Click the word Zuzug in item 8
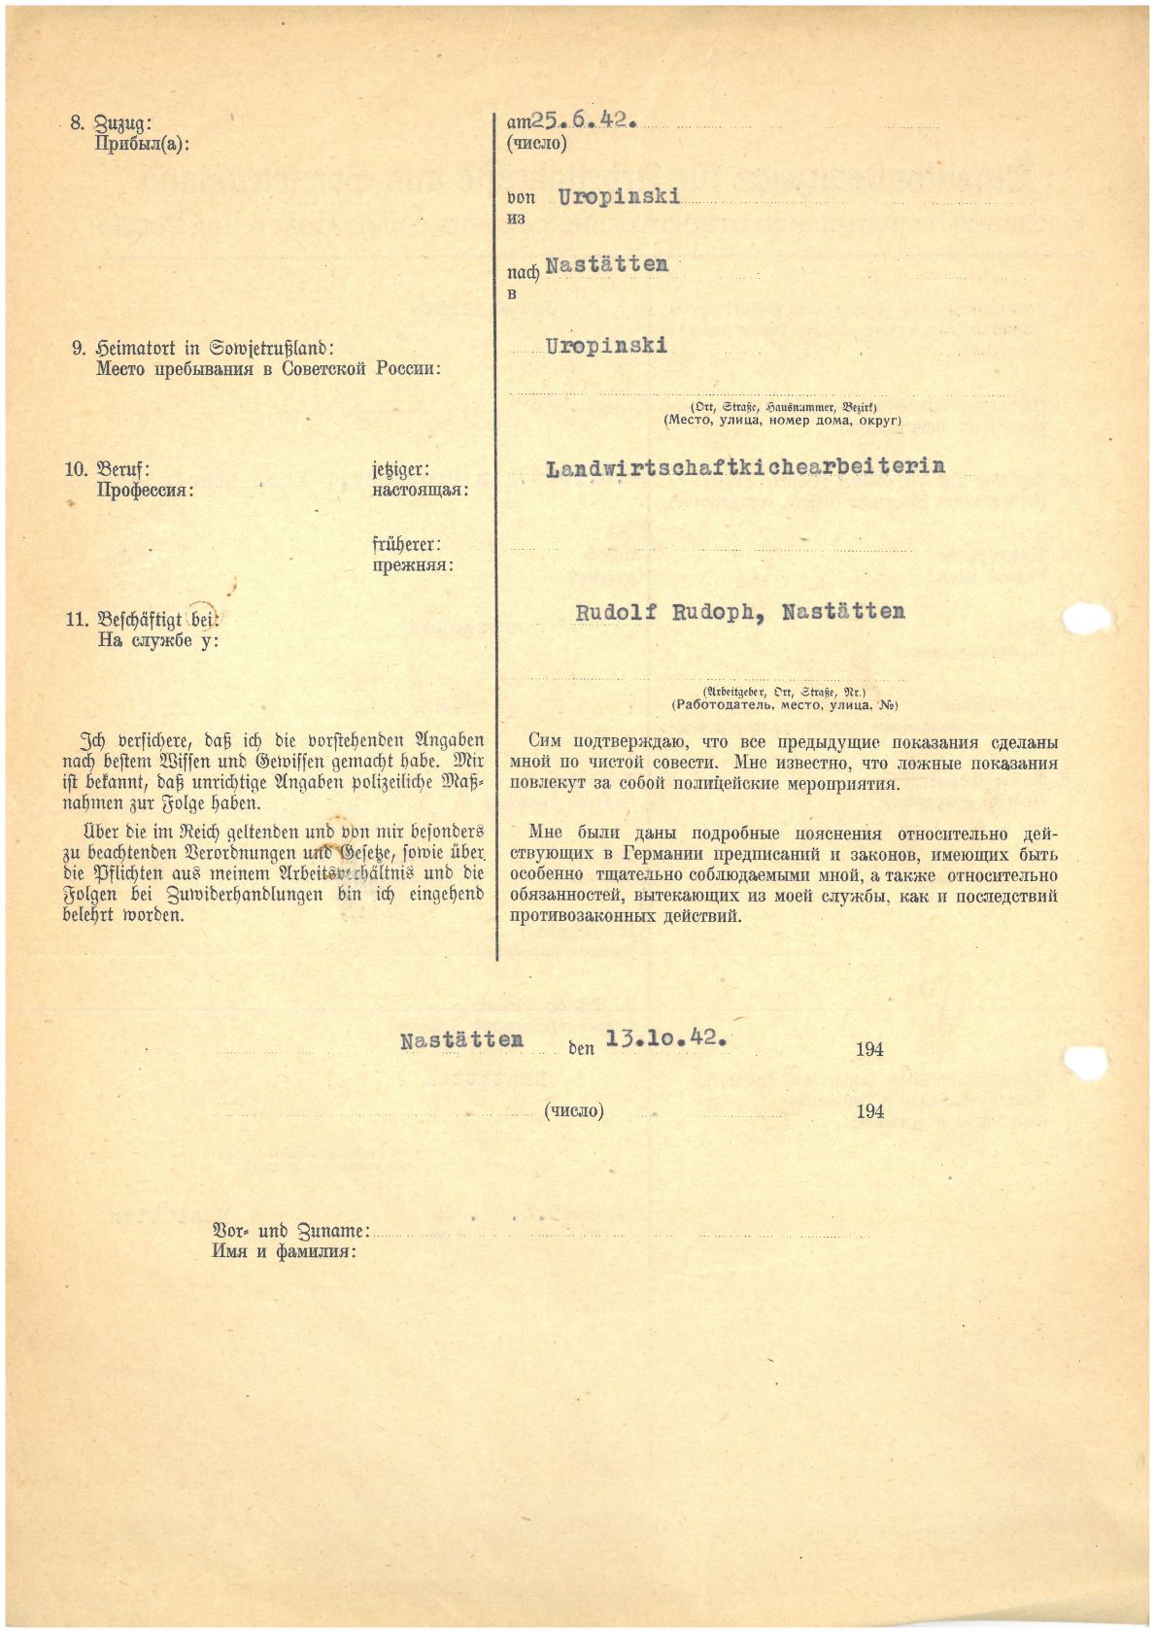[x=121, y=124]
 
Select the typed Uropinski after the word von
[x=619, y=196]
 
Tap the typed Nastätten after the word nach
[x=607, y=264]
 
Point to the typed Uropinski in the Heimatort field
[x=606, y=346]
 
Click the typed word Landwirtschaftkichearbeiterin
[x=745, y=467]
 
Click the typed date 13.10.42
[x=666, y=1038]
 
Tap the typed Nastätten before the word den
[x=461, y=1040]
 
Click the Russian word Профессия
[x=145, y=491]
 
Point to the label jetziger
[x=400, y=470]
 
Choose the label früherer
[x=406, y=545]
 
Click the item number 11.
[x=77, y=620]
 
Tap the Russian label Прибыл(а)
[x=143, y=145]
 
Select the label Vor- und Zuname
[x=290, y=1231]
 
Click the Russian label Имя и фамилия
[x=284, y=1251]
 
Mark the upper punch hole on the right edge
[x=1086, y=618]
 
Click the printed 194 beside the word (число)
[x=869, y=1111]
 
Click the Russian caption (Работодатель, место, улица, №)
[x=785, y=705]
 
